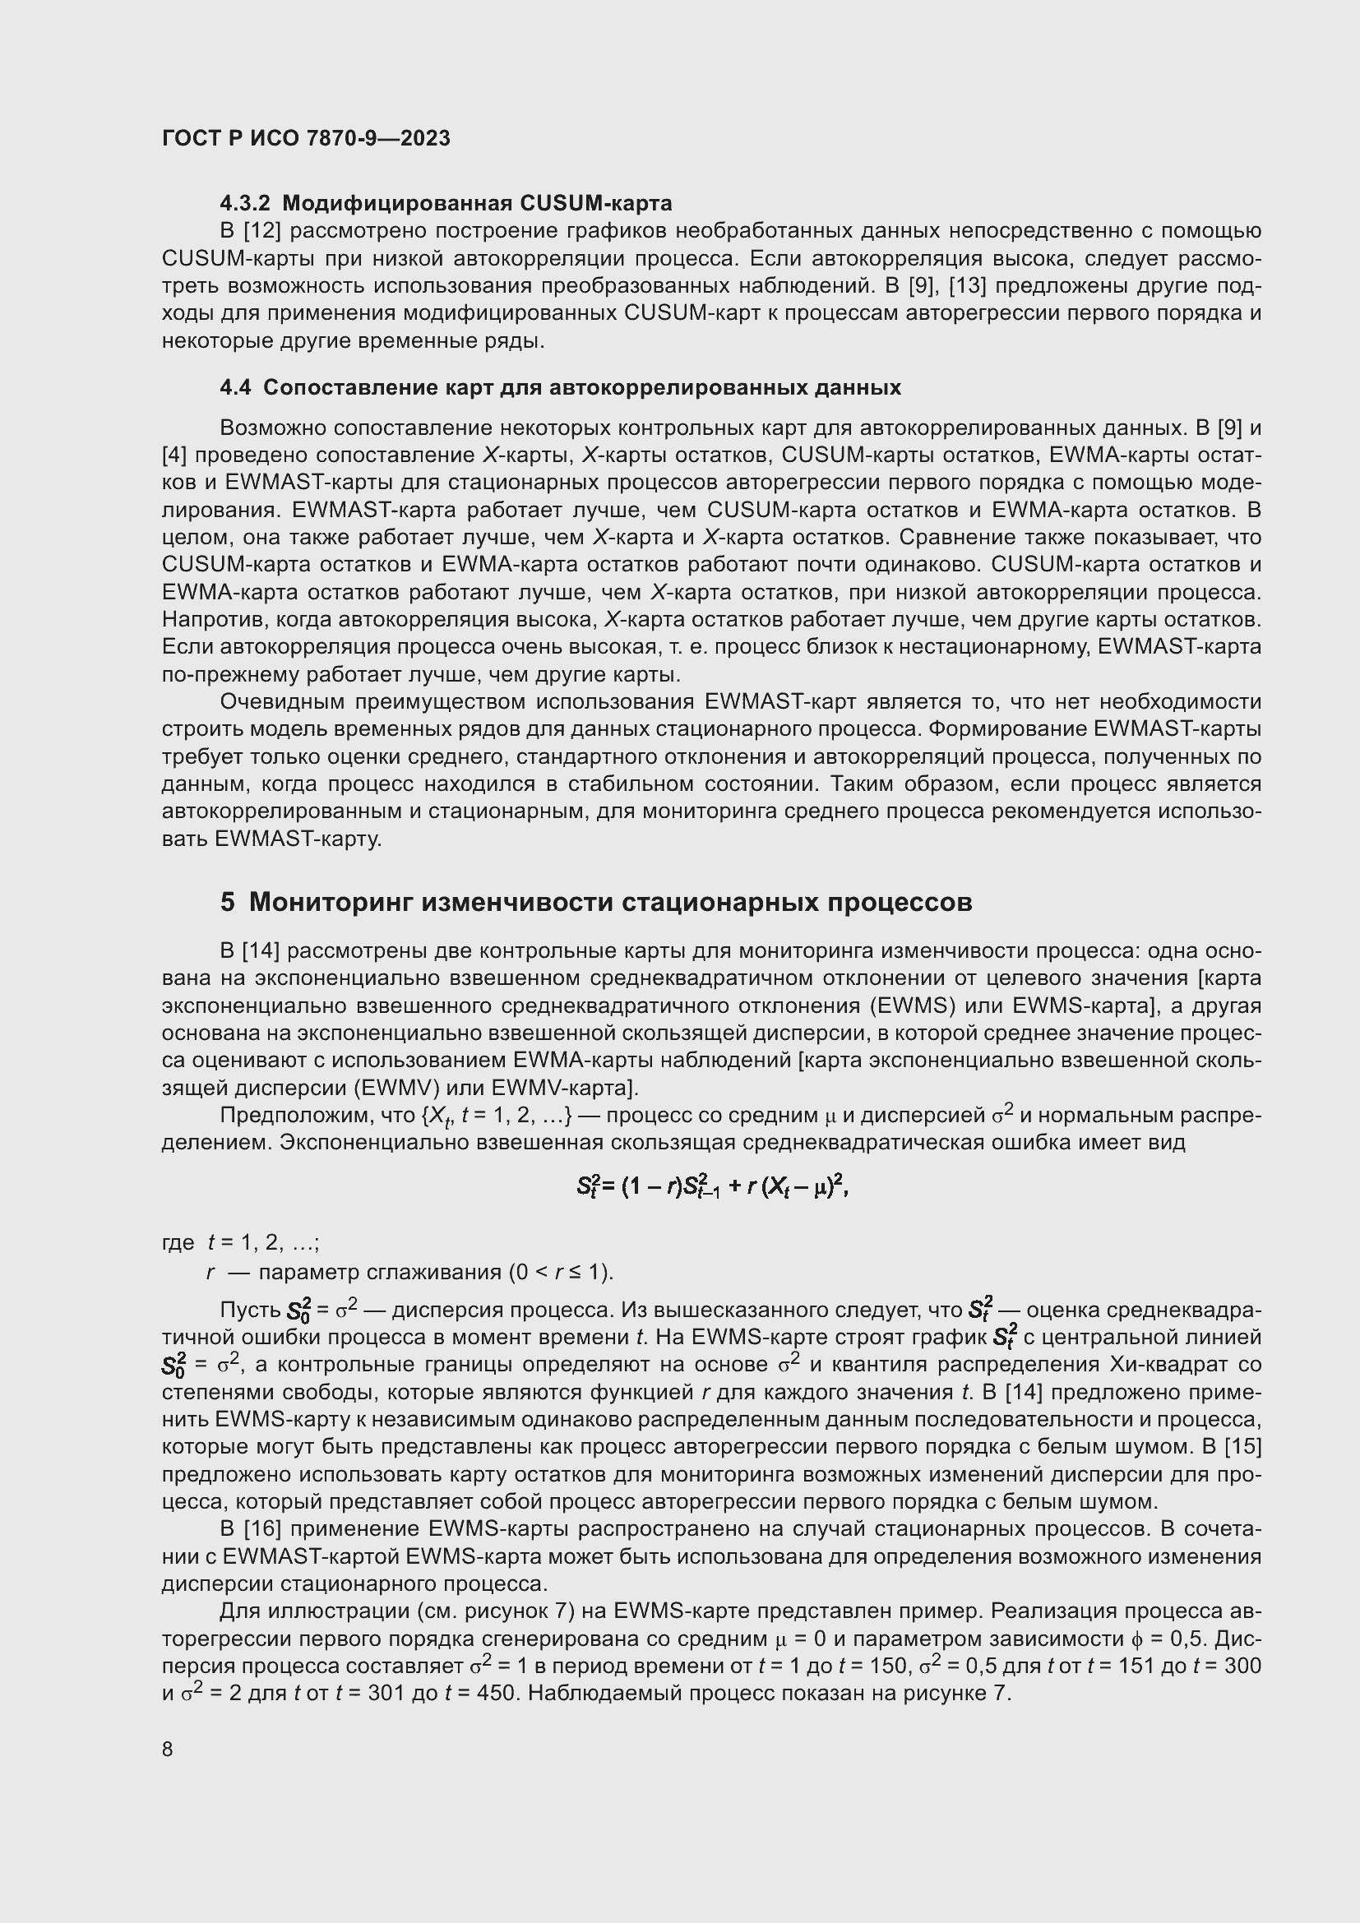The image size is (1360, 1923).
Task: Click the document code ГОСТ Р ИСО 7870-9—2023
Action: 306,139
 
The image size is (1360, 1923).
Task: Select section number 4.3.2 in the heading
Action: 246,204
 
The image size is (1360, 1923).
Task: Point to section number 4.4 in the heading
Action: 234,388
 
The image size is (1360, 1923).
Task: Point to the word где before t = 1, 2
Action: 178,1243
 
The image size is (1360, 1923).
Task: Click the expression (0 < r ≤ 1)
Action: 560,1273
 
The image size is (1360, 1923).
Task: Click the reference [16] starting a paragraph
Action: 261,1529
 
